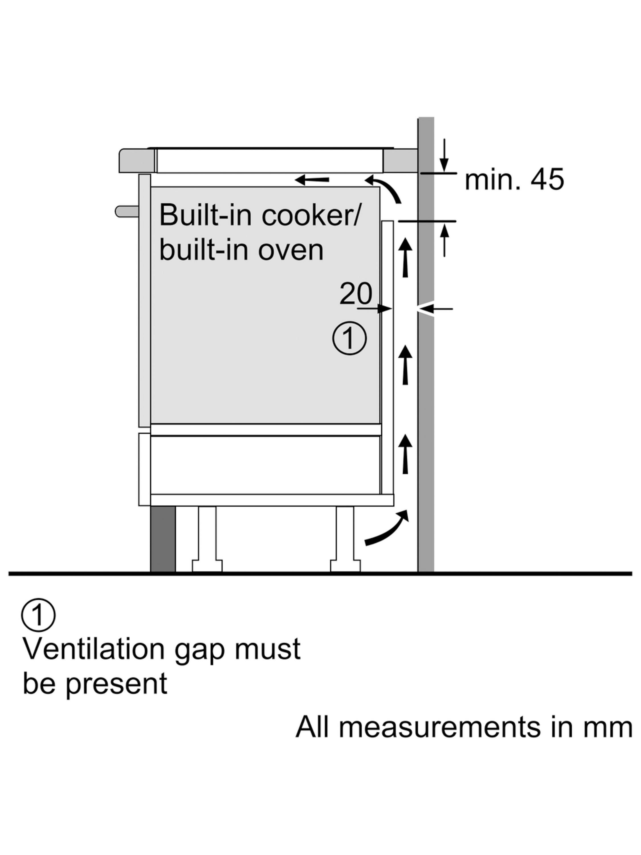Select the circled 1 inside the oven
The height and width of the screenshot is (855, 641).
click(x=349, y=338)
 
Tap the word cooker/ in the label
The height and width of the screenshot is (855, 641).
click(x=310, y=215)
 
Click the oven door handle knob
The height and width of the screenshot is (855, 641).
click(x=126, y=211)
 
